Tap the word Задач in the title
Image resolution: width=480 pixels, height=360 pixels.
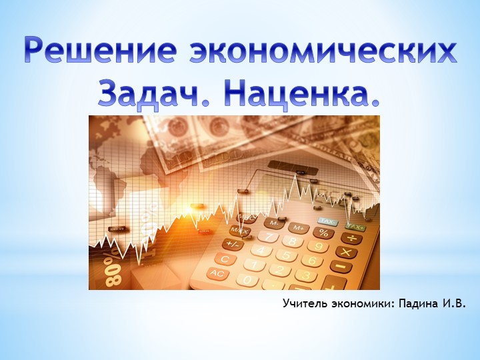coord(140,94)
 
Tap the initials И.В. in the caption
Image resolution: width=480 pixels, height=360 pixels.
coord(453,304)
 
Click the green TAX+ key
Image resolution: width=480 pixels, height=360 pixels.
coord(355,227)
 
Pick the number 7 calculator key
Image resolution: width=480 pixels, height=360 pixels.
coord(269,237)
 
